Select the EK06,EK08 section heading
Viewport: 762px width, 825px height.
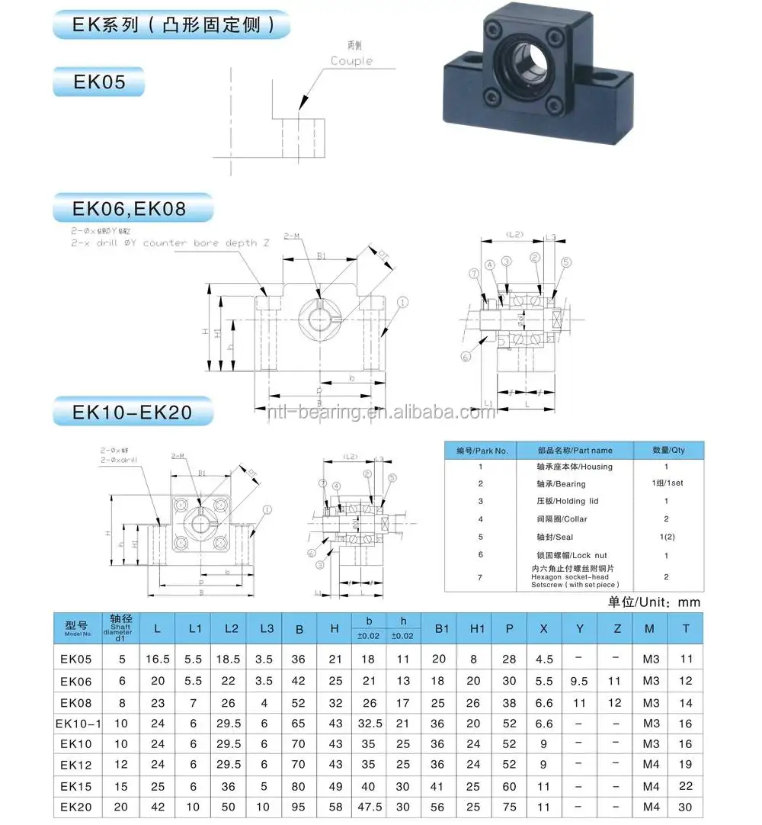[x=130, y=207]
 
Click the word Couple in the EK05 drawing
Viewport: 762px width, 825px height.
[x=351, y=61]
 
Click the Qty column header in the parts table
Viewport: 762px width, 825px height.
[x=668, y=450]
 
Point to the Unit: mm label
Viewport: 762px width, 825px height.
[x=654, y=602]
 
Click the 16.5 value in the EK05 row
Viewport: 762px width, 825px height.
[x=158, y=659]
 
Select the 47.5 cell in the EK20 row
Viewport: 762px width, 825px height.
[x=369, y=807]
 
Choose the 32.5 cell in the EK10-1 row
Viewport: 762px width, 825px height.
[x=369, y=723]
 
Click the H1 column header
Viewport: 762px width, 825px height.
[x=477, y=628]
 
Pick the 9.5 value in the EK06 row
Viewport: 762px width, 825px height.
[x=578, y=681]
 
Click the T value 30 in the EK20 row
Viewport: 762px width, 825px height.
[x=686, y=807]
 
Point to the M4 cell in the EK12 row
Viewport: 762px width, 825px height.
[x=650, y=765]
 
